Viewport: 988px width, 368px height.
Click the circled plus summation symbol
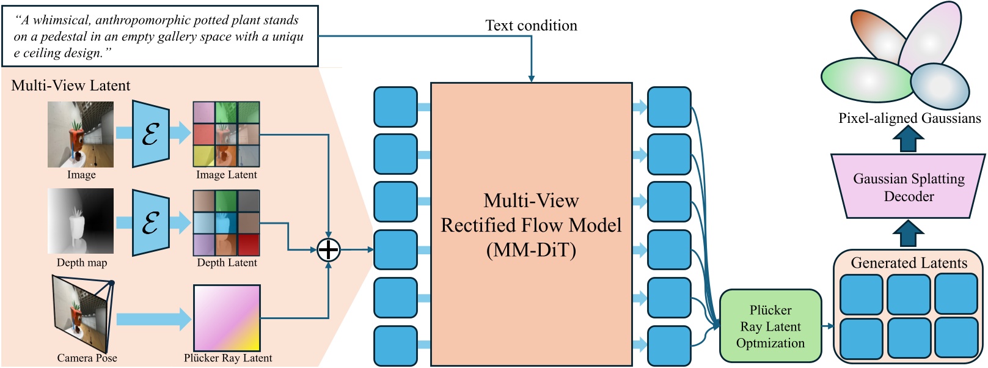[329, 249]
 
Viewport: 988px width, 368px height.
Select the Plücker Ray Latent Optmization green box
[770, 326]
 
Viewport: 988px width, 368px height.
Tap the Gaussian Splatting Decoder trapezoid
[909, 186]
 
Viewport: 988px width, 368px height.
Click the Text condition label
[531, 26]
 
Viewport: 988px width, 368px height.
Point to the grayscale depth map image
[81, 221]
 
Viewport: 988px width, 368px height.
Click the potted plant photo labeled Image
[81, 134]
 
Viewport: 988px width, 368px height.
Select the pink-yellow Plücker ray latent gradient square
[227, 318]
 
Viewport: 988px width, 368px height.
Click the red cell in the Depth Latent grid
[249, 245]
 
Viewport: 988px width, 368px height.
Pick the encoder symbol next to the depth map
[151, 223]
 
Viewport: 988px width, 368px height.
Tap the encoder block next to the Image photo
[151, 134]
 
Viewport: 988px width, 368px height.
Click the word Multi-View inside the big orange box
[531, 201]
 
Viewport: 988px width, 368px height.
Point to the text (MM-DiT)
[531, 250]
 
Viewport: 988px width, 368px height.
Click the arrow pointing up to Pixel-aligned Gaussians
[909, 139]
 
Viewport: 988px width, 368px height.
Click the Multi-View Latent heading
[71, 86]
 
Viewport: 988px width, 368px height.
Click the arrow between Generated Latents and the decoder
[909, 234]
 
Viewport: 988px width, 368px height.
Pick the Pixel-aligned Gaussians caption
[909, 118]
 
